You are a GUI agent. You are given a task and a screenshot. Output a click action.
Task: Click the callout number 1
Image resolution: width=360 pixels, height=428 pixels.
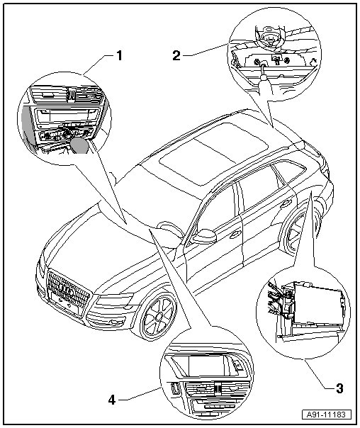(119, 56)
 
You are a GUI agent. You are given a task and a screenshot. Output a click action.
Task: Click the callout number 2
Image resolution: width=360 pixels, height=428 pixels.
(177, 56)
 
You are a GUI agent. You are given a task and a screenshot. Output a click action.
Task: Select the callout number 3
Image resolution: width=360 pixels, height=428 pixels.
(339, 388)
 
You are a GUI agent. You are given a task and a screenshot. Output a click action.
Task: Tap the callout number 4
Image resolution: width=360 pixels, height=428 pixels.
(112, 400)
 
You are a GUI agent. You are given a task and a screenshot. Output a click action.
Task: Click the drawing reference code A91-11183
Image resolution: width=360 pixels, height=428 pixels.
(326, 415)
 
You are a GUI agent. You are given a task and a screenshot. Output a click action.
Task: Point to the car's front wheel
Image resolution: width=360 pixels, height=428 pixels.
(158, 316)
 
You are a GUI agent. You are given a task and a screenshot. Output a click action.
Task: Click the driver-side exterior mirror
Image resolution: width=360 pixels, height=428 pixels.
(205, 237)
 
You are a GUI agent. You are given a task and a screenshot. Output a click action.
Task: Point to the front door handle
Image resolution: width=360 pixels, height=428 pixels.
(235, 235)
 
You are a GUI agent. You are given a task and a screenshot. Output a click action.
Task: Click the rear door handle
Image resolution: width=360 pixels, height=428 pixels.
(286, 203)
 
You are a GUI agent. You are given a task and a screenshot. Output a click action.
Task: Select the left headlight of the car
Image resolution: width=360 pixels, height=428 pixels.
(114, 300)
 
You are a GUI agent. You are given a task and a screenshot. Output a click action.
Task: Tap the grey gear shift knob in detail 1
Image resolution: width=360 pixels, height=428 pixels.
(79, 145)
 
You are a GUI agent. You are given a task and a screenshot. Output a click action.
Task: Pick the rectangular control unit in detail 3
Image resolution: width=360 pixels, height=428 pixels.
(318, 304)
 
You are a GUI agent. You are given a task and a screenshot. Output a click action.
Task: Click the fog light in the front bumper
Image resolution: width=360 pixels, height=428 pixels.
(113, 322)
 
